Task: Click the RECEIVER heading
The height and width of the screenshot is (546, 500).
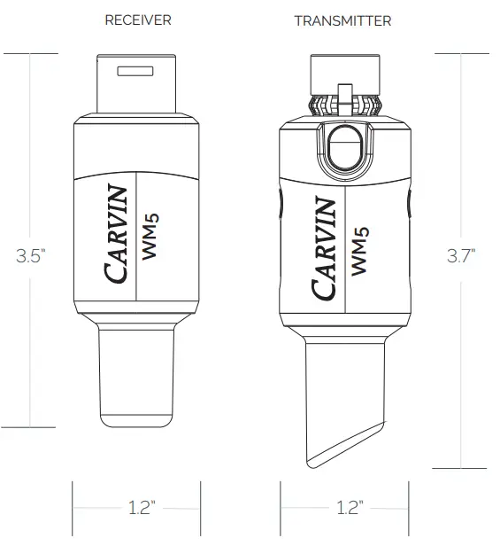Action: coord(137,20)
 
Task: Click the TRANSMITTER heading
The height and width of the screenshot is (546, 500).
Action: coord(342,20)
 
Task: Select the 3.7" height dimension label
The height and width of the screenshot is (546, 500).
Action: coord(461,257)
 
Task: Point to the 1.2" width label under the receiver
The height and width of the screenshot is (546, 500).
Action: coord(137,508)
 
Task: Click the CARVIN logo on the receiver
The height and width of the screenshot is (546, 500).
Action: coord(119,234)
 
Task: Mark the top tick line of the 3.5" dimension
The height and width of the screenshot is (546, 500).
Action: coord(32,54)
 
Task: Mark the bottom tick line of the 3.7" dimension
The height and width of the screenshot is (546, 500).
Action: coord(461,467)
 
